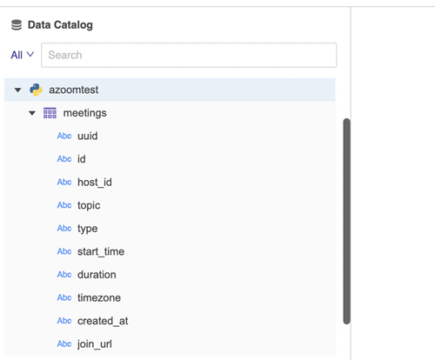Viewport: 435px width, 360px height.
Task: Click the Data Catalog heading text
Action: [x=60, y=25]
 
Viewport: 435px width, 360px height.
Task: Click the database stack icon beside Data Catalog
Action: [x=17, y=25]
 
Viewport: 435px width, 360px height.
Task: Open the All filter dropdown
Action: [x=23, y=55]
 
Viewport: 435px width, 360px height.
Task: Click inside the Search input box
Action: [x=189, y=55]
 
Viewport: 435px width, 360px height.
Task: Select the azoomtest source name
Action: [x=74, y=90]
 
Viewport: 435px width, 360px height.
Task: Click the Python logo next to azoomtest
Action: [x=36, y=90]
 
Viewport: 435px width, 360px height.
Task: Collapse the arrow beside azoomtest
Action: [x=18, y=90]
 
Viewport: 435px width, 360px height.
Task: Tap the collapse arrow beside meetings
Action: [x=32, y=113]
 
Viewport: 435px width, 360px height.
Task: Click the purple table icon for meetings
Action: [x=50, y=113]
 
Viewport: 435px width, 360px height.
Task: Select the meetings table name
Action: [x=85, y=113]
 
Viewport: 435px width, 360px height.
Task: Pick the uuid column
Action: [x=88, y=136]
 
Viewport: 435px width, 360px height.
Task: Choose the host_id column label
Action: [x=95, y=183]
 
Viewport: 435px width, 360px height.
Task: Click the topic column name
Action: [x=89, y=205]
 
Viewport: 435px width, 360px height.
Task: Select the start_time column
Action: [x=101, y=251]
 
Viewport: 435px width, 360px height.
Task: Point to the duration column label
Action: [x=97, y=275]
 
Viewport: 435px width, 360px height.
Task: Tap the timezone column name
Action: [x=99, y=297]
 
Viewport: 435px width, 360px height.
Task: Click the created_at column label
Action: [x=103, y=321]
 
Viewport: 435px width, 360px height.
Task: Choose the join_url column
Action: [x=95, y=344]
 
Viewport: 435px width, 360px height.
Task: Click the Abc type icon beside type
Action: [x=64, y=229]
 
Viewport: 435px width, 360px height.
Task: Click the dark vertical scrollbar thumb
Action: [x=346, y=221]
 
